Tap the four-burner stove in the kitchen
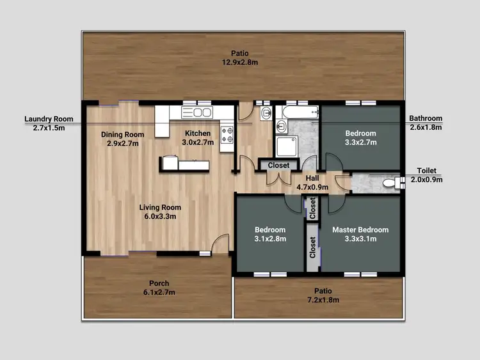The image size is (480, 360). tap(227, 134)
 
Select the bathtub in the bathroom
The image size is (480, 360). tap(298, 113)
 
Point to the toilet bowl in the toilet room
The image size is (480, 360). tap(388, 184)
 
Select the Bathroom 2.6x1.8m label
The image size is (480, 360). tap(426, 123)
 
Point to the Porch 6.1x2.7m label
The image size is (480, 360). tap(159, 288)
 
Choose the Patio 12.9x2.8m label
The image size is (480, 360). tap(240, 58)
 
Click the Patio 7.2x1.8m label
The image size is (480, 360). tap(318, 295)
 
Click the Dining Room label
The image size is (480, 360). tap(123, 139)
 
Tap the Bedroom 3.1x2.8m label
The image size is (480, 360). tap(269, 234)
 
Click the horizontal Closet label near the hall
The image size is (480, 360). tap(278, 165)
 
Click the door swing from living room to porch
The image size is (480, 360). tap(220, 244)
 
